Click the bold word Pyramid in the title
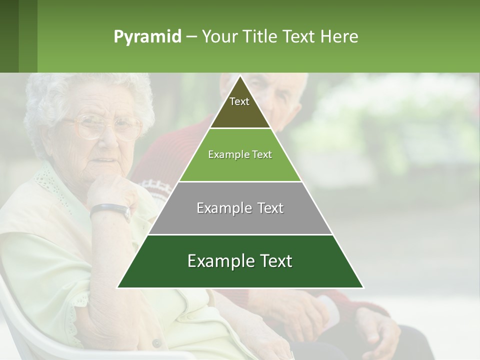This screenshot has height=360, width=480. click(147, 36)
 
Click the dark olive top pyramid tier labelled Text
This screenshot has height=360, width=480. click(239, 107)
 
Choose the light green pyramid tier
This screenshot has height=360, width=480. click(240, 154)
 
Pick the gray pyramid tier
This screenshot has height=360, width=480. click(240, 208)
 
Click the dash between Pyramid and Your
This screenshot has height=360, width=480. click(191, 36)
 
